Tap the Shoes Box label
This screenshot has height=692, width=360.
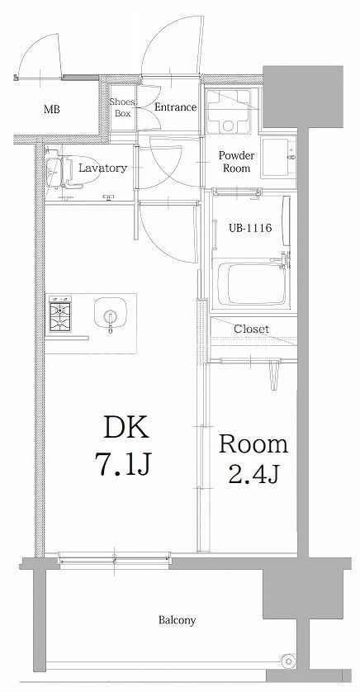(122, 108)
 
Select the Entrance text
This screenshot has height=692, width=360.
(174, 107)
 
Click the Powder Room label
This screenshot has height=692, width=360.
(236, 161)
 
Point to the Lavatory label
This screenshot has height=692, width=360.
(102, 168)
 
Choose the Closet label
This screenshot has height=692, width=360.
(250, 328)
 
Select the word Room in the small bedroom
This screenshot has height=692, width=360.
(253, 444)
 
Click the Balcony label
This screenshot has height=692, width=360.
(177, 620)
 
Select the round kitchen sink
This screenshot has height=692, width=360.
(110, 314)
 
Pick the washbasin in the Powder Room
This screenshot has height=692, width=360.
(280, 157)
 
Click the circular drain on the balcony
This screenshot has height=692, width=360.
(287, 661)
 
